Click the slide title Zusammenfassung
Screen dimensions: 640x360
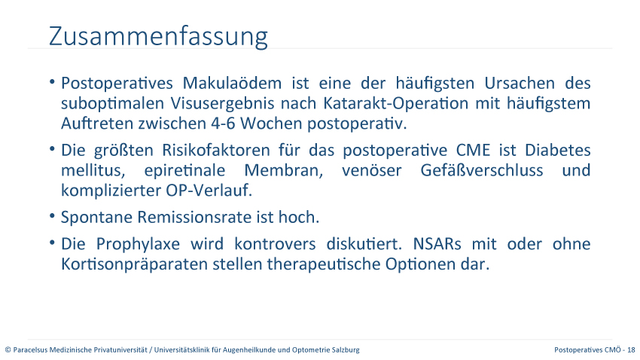(158, 37)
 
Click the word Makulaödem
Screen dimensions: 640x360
(232, 84)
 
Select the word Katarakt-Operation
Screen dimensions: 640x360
(395, 104)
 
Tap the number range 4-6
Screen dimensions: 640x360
(224, 124)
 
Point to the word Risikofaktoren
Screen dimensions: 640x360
(216, 150)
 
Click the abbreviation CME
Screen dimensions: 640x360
(473, 150)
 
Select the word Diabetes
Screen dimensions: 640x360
(557, 150)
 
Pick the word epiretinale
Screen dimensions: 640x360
(184, 171)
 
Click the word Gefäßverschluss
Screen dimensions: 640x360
(482, 171)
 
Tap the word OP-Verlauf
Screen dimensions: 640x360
(209, 191)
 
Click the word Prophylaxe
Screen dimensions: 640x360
(138, 245)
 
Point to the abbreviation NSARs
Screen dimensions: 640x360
(437, 244)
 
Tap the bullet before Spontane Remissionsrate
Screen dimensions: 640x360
(52, 216)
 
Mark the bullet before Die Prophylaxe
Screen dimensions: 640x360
(52, 243)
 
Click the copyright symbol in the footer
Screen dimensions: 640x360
(8, 350)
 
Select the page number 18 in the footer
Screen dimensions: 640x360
(632, 349)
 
